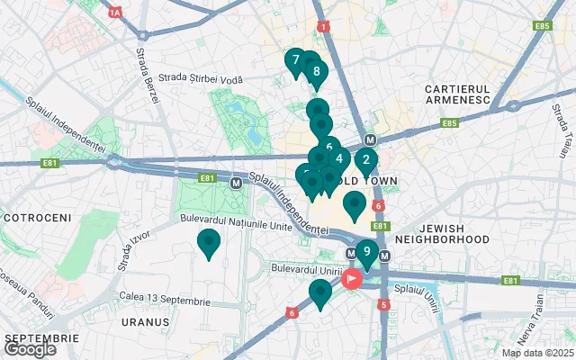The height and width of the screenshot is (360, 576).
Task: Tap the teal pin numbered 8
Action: pos(316,72)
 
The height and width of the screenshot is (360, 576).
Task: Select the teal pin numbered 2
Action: pos(364,162)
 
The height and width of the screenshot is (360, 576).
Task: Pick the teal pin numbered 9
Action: pos(366,252)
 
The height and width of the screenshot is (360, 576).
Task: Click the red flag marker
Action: pos(350,279)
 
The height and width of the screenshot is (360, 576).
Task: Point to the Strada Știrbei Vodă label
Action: pos(201,79)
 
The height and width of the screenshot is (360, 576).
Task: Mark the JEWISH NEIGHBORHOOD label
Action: pos(442,233)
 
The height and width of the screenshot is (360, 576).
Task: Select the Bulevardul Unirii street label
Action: pos(309,268)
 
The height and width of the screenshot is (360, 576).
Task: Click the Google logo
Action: pos(30,349)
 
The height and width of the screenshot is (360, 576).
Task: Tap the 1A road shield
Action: pos(114,13)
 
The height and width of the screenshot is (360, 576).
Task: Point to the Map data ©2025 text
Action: pos(536,353)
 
